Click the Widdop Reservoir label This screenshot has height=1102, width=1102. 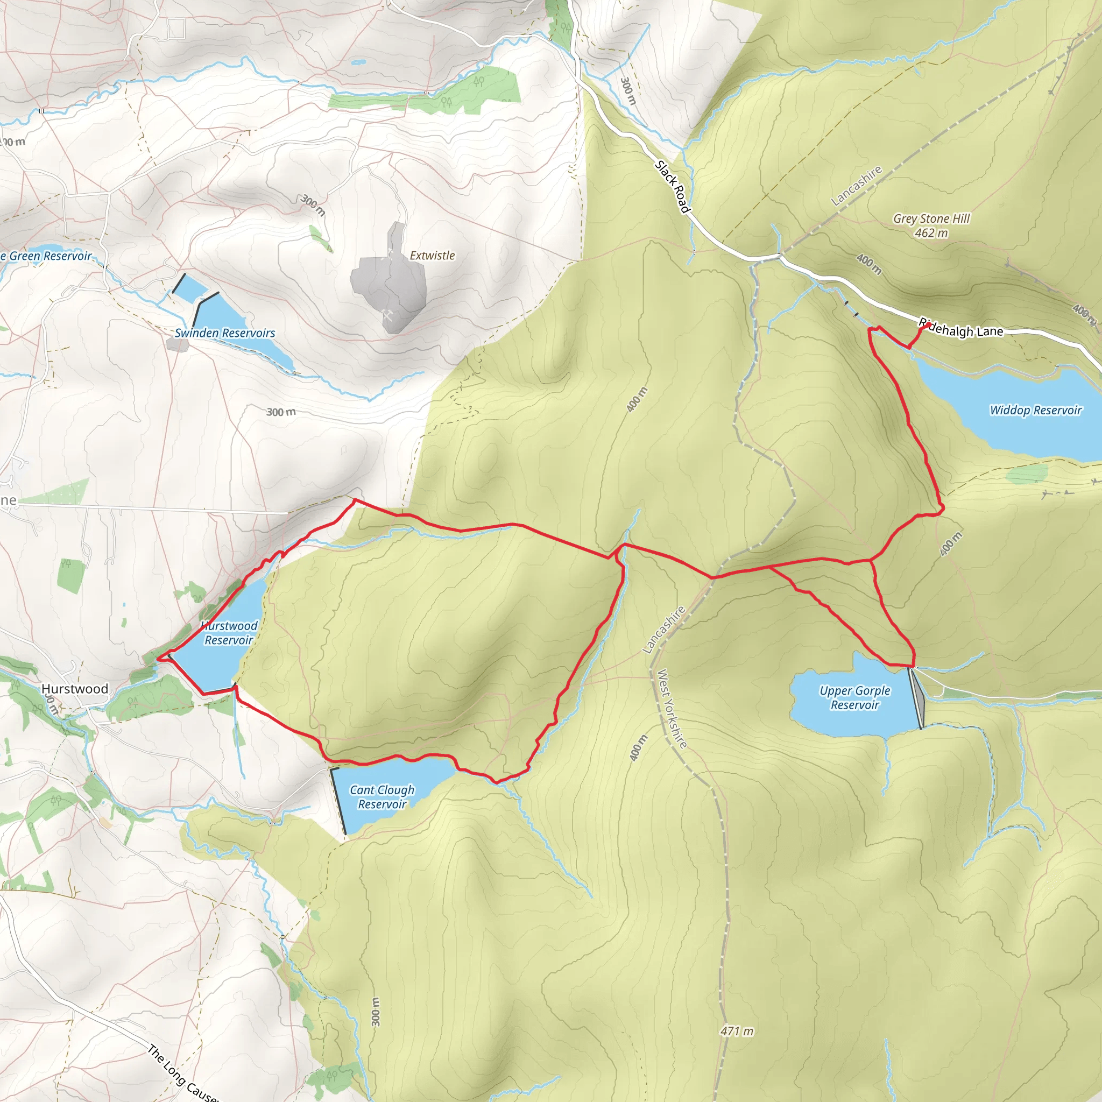[x=1035, y=410]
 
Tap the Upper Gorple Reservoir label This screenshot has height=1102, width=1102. [x=854, y=697]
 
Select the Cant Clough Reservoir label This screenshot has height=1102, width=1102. [x=382, y=797]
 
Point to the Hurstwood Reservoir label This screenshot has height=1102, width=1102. [x=229, y=633]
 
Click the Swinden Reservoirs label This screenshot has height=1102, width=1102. [x=225, y=333]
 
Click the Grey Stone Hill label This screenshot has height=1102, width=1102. [x=931, y=218]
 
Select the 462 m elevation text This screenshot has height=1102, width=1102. [x=931, y=232]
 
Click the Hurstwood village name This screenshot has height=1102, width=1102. [x=75, y=689]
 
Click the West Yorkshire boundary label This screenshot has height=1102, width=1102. [x=672, y=709]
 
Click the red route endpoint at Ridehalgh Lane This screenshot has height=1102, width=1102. [x=929, y=324]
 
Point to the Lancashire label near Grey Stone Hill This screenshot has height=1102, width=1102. [x=856, y=186]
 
